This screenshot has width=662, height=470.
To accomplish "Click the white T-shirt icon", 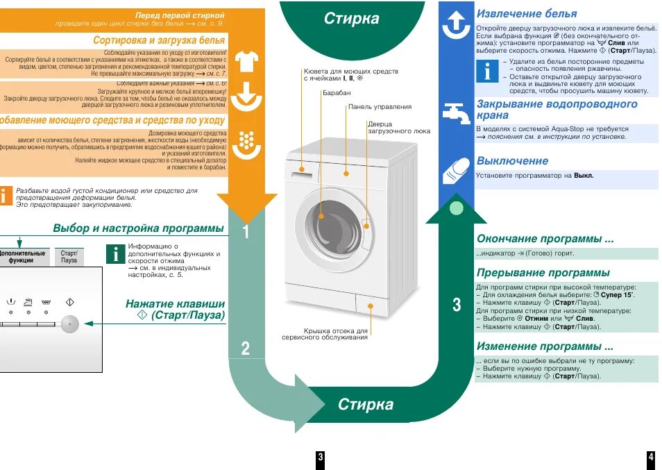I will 246,62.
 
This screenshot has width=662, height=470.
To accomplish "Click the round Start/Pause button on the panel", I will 69,323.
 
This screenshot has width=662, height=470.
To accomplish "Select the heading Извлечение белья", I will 526,14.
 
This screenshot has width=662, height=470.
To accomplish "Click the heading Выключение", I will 512,161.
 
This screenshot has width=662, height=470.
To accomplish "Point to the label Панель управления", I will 380,107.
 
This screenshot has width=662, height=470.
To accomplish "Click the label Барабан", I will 337,92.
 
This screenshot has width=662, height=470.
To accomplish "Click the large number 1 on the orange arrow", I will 246,233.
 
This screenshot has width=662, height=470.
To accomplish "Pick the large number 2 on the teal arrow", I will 246,349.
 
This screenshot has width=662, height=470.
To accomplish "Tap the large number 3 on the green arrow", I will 456,304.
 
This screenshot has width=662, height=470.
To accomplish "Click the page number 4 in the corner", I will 651,457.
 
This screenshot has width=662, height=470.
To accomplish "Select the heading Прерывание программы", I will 543,273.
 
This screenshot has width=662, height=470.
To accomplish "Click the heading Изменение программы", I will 545,346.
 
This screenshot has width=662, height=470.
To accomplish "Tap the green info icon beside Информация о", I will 116,253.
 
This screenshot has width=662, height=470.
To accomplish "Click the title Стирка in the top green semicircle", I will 352,19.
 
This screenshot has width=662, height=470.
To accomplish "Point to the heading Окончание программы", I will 545,239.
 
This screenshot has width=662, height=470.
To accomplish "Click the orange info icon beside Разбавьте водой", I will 6,195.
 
